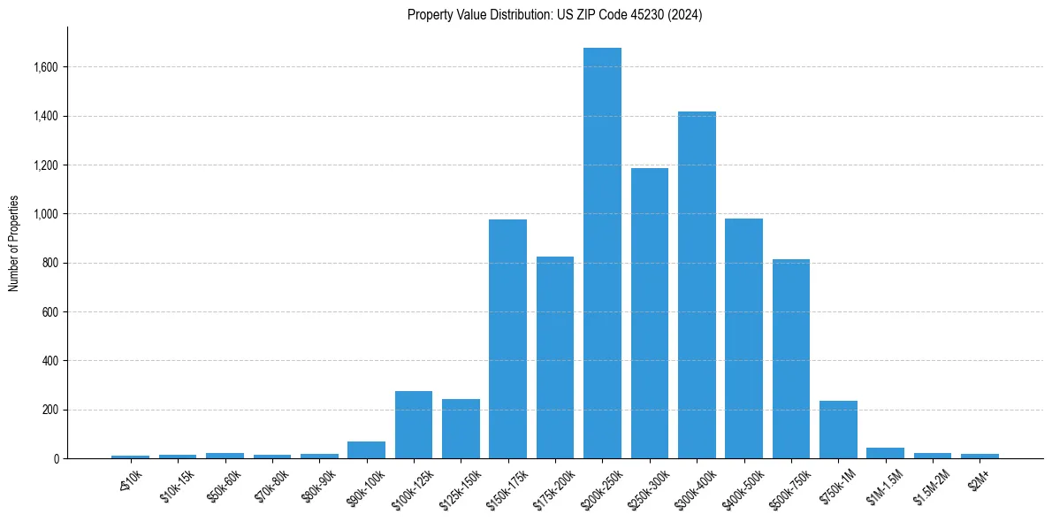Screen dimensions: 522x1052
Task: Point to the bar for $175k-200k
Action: [555, 357]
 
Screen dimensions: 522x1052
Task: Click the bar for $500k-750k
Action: [791, 359]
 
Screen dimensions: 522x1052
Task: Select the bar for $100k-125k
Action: [414, 425]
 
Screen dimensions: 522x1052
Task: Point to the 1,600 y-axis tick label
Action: [46, 67]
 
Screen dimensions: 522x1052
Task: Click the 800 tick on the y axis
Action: [50, 263]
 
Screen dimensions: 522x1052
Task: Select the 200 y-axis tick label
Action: [50, 410]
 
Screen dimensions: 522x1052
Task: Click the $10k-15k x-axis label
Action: [176, 485]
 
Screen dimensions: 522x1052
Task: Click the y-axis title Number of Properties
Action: [13, 243]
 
